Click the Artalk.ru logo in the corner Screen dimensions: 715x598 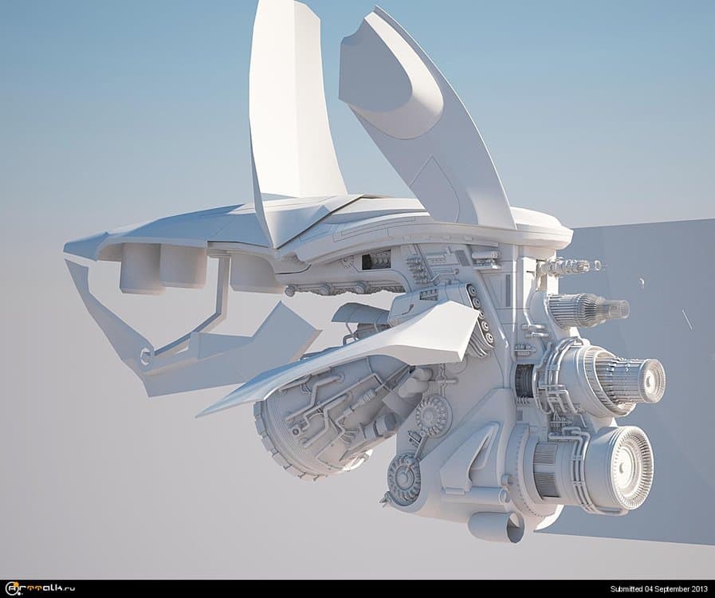[39, 588]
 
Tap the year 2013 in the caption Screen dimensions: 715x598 [700, 589]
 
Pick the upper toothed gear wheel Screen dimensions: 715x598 [431, 415]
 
